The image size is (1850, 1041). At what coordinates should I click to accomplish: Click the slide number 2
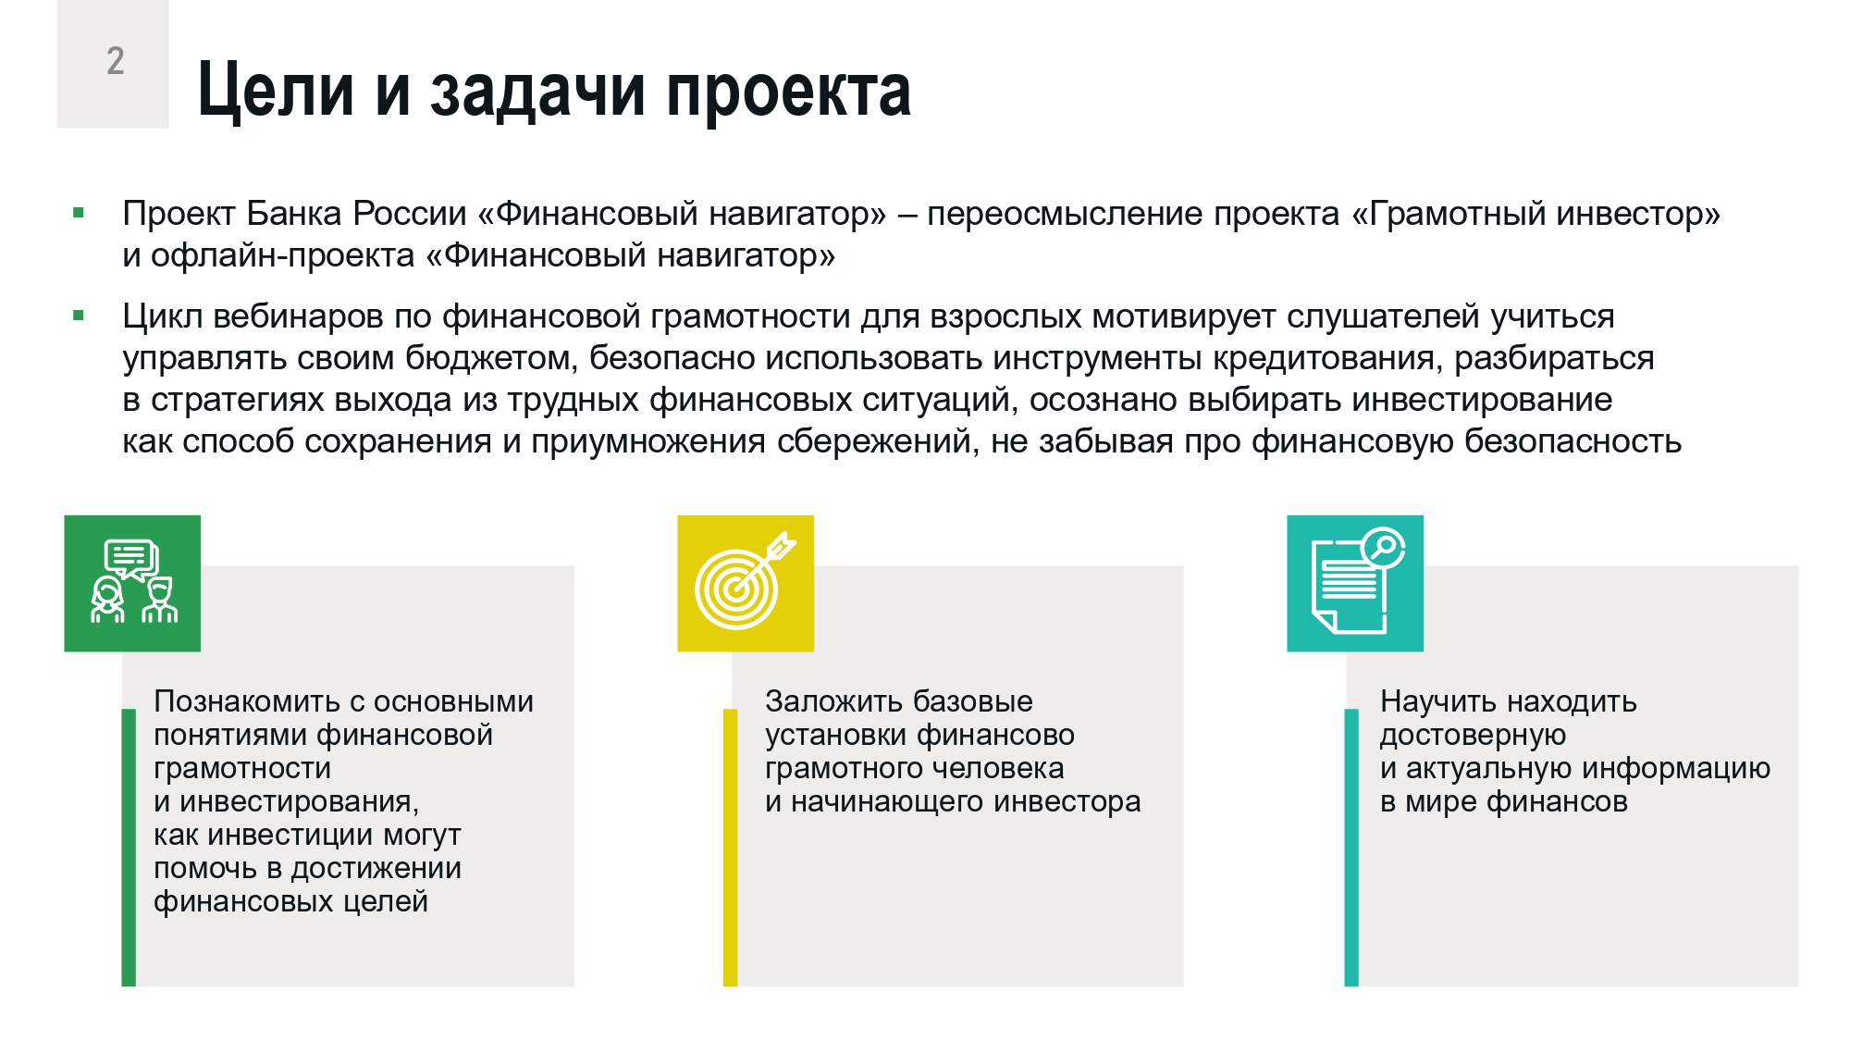point(116,61)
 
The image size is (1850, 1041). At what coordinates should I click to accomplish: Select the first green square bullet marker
point(79,214)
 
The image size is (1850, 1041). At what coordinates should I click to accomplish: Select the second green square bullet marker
point(79,316)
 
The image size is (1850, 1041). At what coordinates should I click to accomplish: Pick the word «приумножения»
point(647,442)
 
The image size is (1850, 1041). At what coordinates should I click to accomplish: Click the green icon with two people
point(132,583)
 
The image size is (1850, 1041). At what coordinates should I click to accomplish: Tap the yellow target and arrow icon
point(746,583)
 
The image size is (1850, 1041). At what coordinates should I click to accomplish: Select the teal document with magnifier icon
point(1355,583)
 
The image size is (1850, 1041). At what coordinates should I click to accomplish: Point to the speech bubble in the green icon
point(131,560)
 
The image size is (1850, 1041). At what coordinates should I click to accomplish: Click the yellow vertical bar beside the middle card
point(730,848)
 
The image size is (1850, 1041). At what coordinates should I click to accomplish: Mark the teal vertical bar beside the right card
point(1351,848)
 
